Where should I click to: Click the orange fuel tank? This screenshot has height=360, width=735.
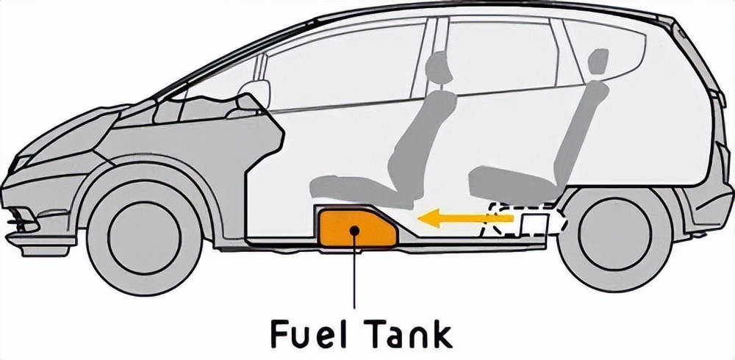tap(356, 228)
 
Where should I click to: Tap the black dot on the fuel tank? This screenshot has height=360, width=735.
tap(354, 230)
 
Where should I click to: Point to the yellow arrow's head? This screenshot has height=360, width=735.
tap(429, 218)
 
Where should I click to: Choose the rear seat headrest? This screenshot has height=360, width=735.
tap(598, 62)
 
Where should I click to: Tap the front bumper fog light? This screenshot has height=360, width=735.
tap(23, 220)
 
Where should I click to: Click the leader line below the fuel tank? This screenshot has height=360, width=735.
tap(354, 271)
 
